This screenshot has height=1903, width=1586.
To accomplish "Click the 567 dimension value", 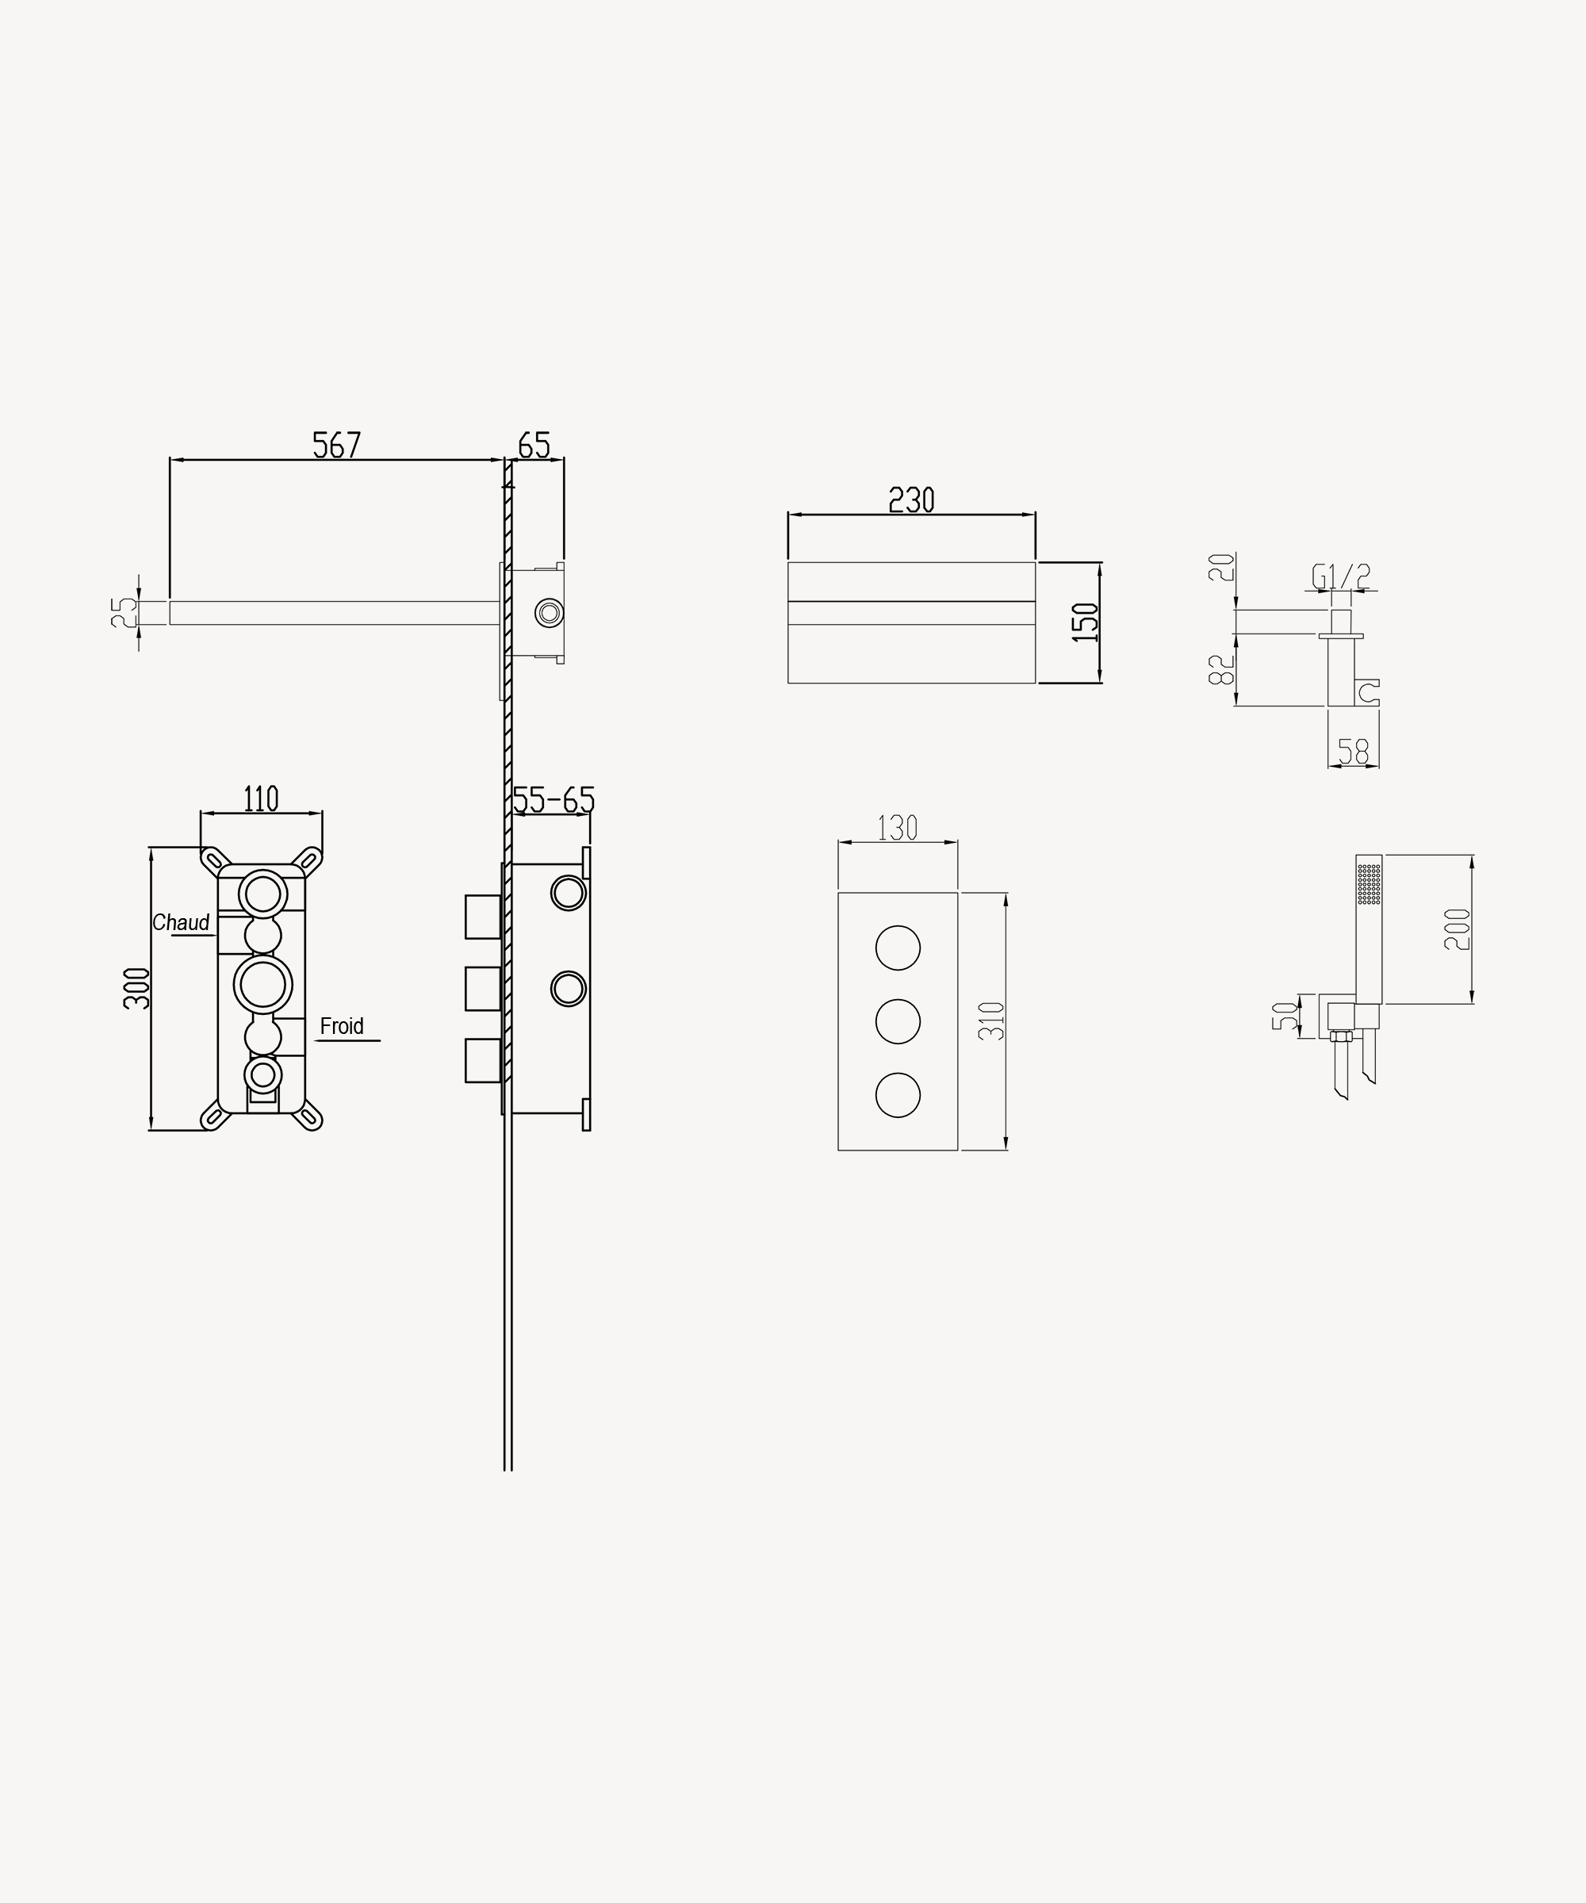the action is point(337,445).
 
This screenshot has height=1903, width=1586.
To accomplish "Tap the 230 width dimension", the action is point(911,500).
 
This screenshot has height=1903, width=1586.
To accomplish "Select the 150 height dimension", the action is point(1085,622).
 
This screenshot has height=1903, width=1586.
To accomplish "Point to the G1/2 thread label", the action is point(1341,576).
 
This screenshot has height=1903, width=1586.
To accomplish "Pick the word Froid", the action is point(342,1026).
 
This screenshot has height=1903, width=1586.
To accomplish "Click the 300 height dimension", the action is point(137,989).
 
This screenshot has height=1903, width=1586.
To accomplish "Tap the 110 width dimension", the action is point(261,799).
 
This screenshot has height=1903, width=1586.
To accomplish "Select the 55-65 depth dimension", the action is point(554,800).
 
